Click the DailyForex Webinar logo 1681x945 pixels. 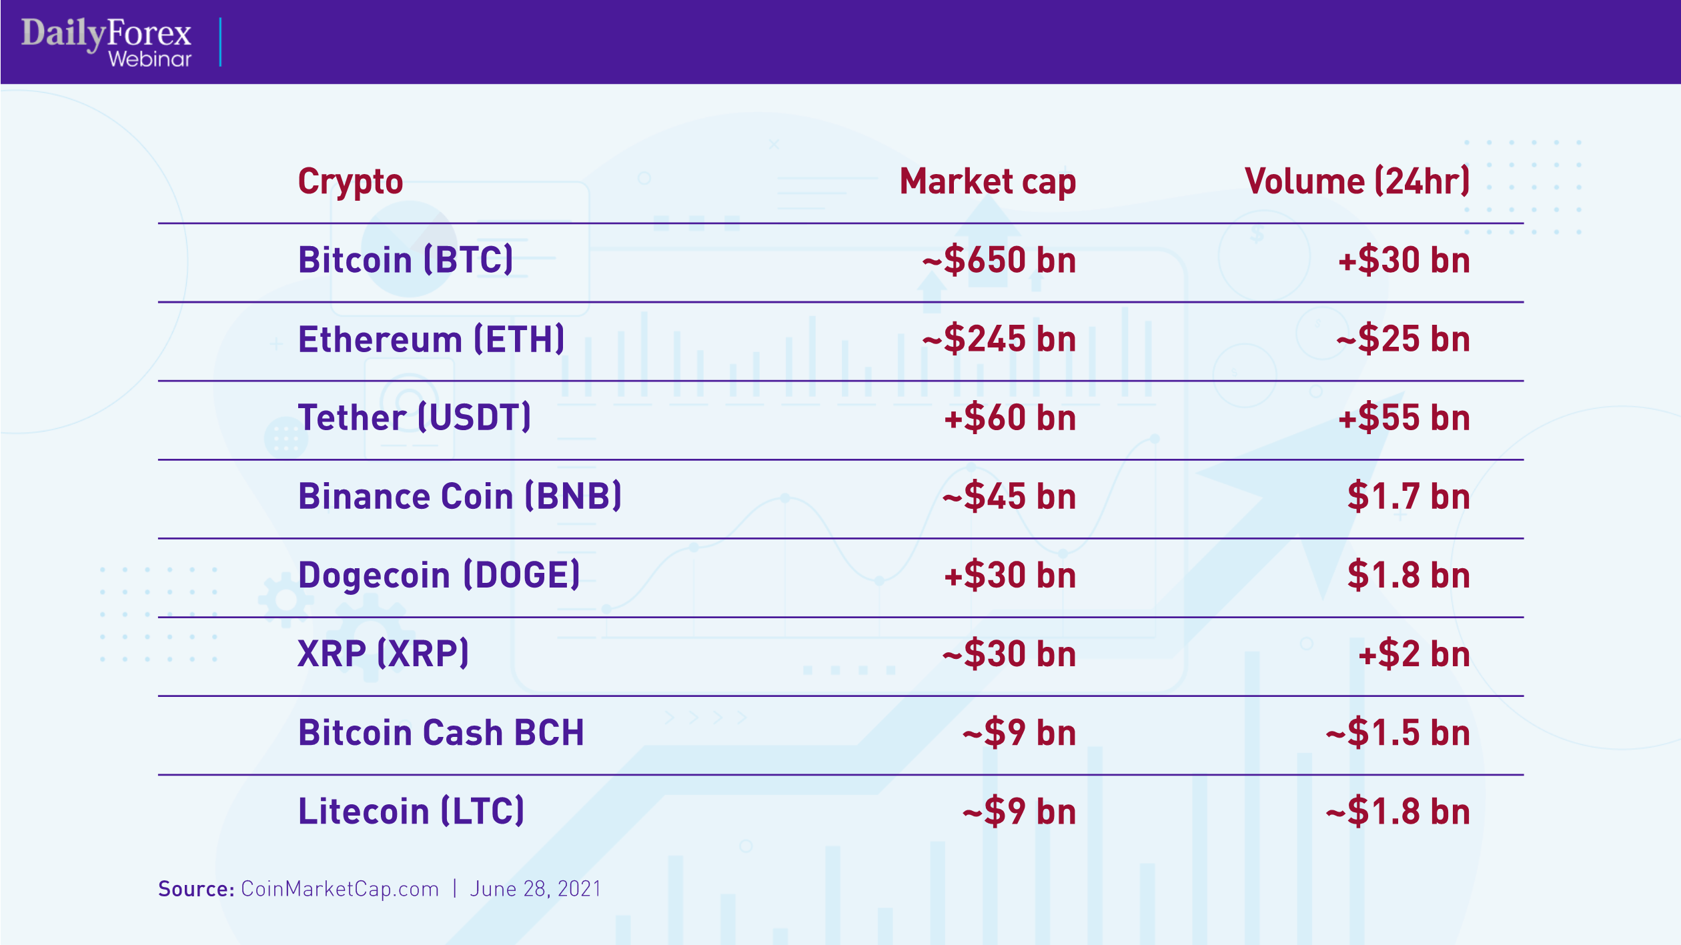[x=107, y=42]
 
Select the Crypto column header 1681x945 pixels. [x=350, y=181]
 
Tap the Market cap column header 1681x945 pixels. [x=987, y=181]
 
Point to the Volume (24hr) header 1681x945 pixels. [x=1357, y=181]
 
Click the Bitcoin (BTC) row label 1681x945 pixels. [x=406, y=260]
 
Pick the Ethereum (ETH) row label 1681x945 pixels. [x=431, y=339]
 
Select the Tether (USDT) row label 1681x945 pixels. [x=414, y=418]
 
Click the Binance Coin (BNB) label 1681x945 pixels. [x=460, y=497]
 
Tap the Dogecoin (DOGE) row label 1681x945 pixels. [x=439, y=576]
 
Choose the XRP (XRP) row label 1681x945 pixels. [x=383, y=654]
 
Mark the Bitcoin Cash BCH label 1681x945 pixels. [x=441, y=733]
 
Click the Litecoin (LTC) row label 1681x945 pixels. [x=411, y=812]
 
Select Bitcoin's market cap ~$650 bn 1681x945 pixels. [x=999, y=260]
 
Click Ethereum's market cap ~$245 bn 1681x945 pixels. [x=999, y=339]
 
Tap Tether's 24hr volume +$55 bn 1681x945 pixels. [x=1404, y=418]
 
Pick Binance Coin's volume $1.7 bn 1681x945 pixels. [x=1408, y=497]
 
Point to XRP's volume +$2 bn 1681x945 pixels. [x=1414, y=654]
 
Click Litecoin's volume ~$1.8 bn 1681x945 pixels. [x=1397, y=812]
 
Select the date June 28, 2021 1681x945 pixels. [x=536, y=889]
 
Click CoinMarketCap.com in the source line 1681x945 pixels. [x=340, y=889]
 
